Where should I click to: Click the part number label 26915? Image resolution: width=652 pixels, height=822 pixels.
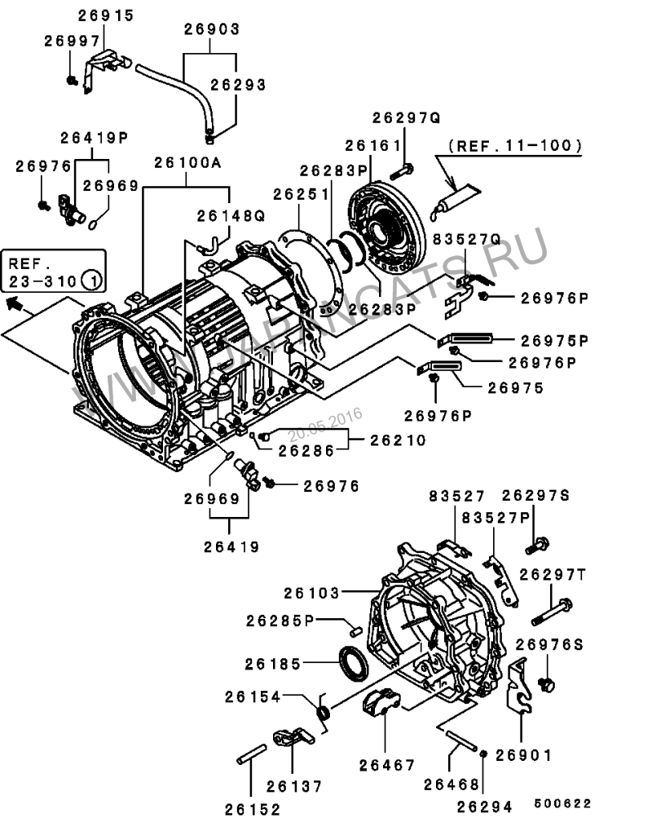(107, 16)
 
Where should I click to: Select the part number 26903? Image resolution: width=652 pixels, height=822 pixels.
(211, 29)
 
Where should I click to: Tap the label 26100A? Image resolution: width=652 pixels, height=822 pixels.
(188, 163)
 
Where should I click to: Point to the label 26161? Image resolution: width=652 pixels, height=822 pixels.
(373, 145)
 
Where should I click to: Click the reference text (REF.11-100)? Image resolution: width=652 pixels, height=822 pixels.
(515, 147)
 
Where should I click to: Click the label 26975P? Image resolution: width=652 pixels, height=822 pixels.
(554, 339)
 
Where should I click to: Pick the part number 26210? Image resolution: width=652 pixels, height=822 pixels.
(399, 440)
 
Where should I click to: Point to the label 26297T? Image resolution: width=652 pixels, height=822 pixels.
(554, 574)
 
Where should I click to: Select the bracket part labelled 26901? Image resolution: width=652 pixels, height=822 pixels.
(518, 685)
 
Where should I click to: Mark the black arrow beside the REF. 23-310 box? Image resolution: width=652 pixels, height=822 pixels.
(13, 306)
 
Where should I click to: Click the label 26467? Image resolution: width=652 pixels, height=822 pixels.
(387, 765)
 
